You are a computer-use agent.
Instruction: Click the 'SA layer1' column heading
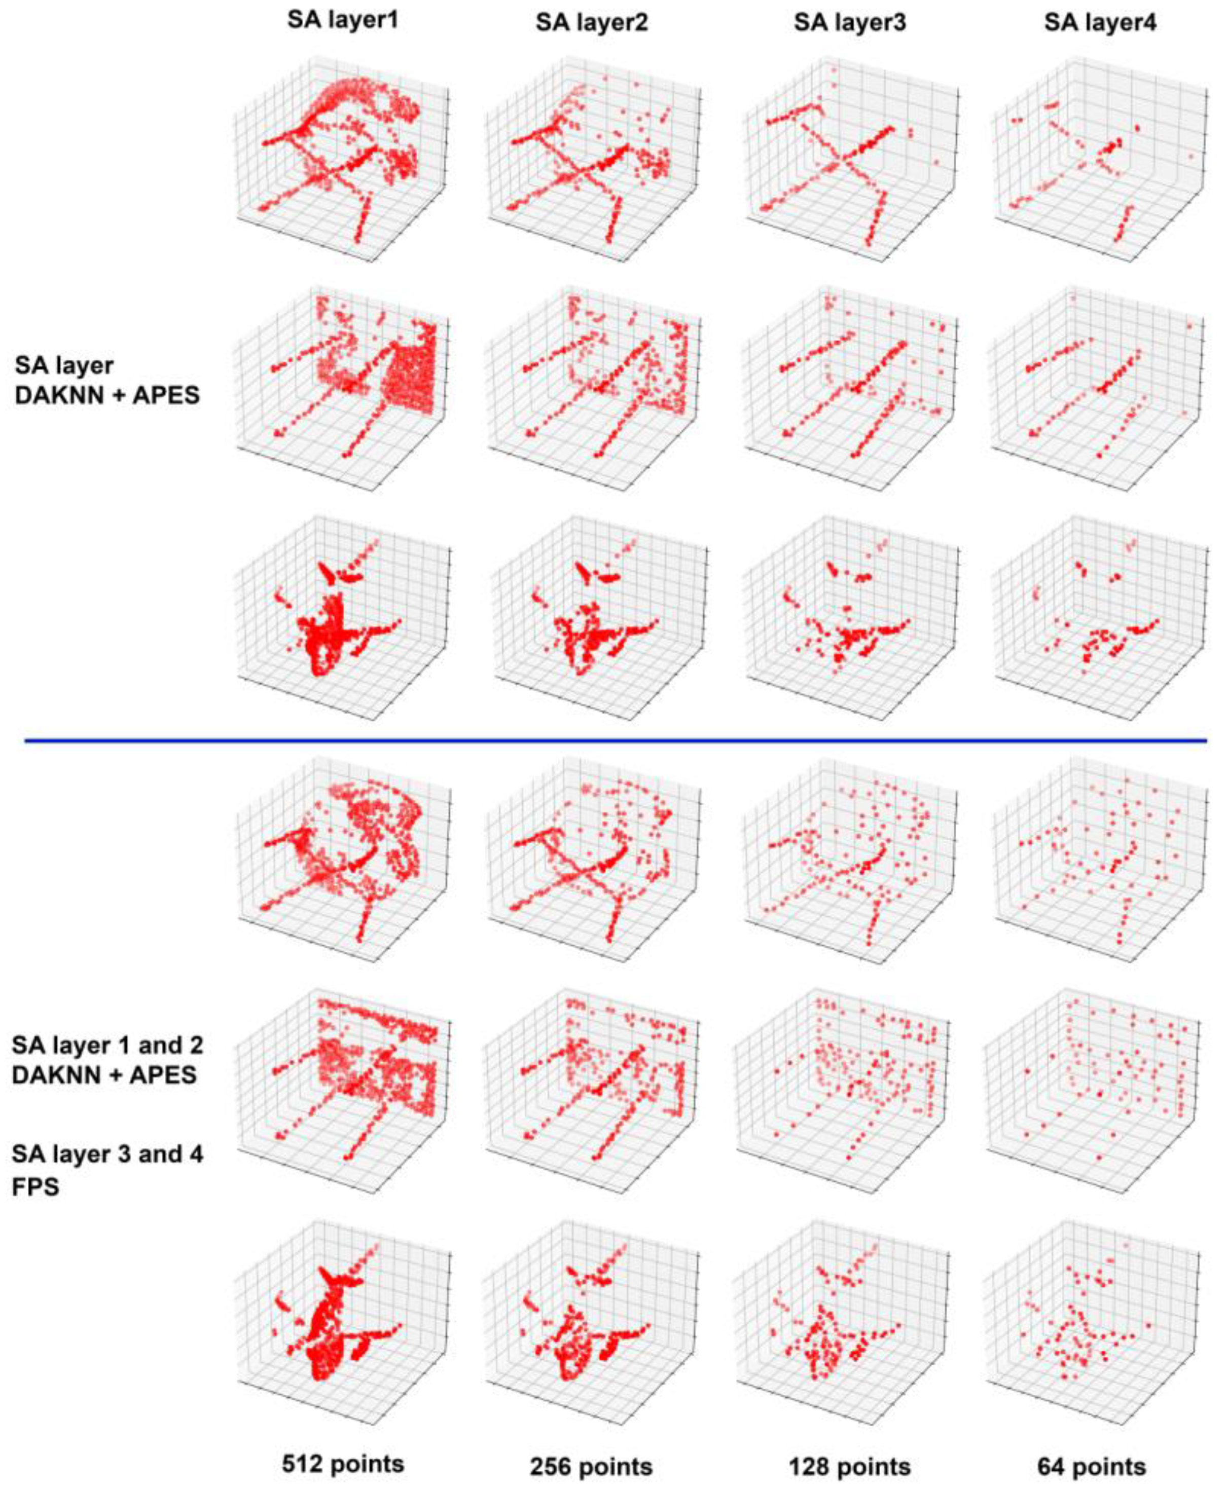[x=343, y=20]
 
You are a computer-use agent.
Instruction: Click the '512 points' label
[x=343, y=1444]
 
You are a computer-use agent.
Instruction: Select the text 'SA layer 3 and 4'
[x=107, y=1155]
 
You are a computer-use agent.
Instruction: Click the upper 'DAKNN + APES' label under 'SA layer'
[x=107, y=395]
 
